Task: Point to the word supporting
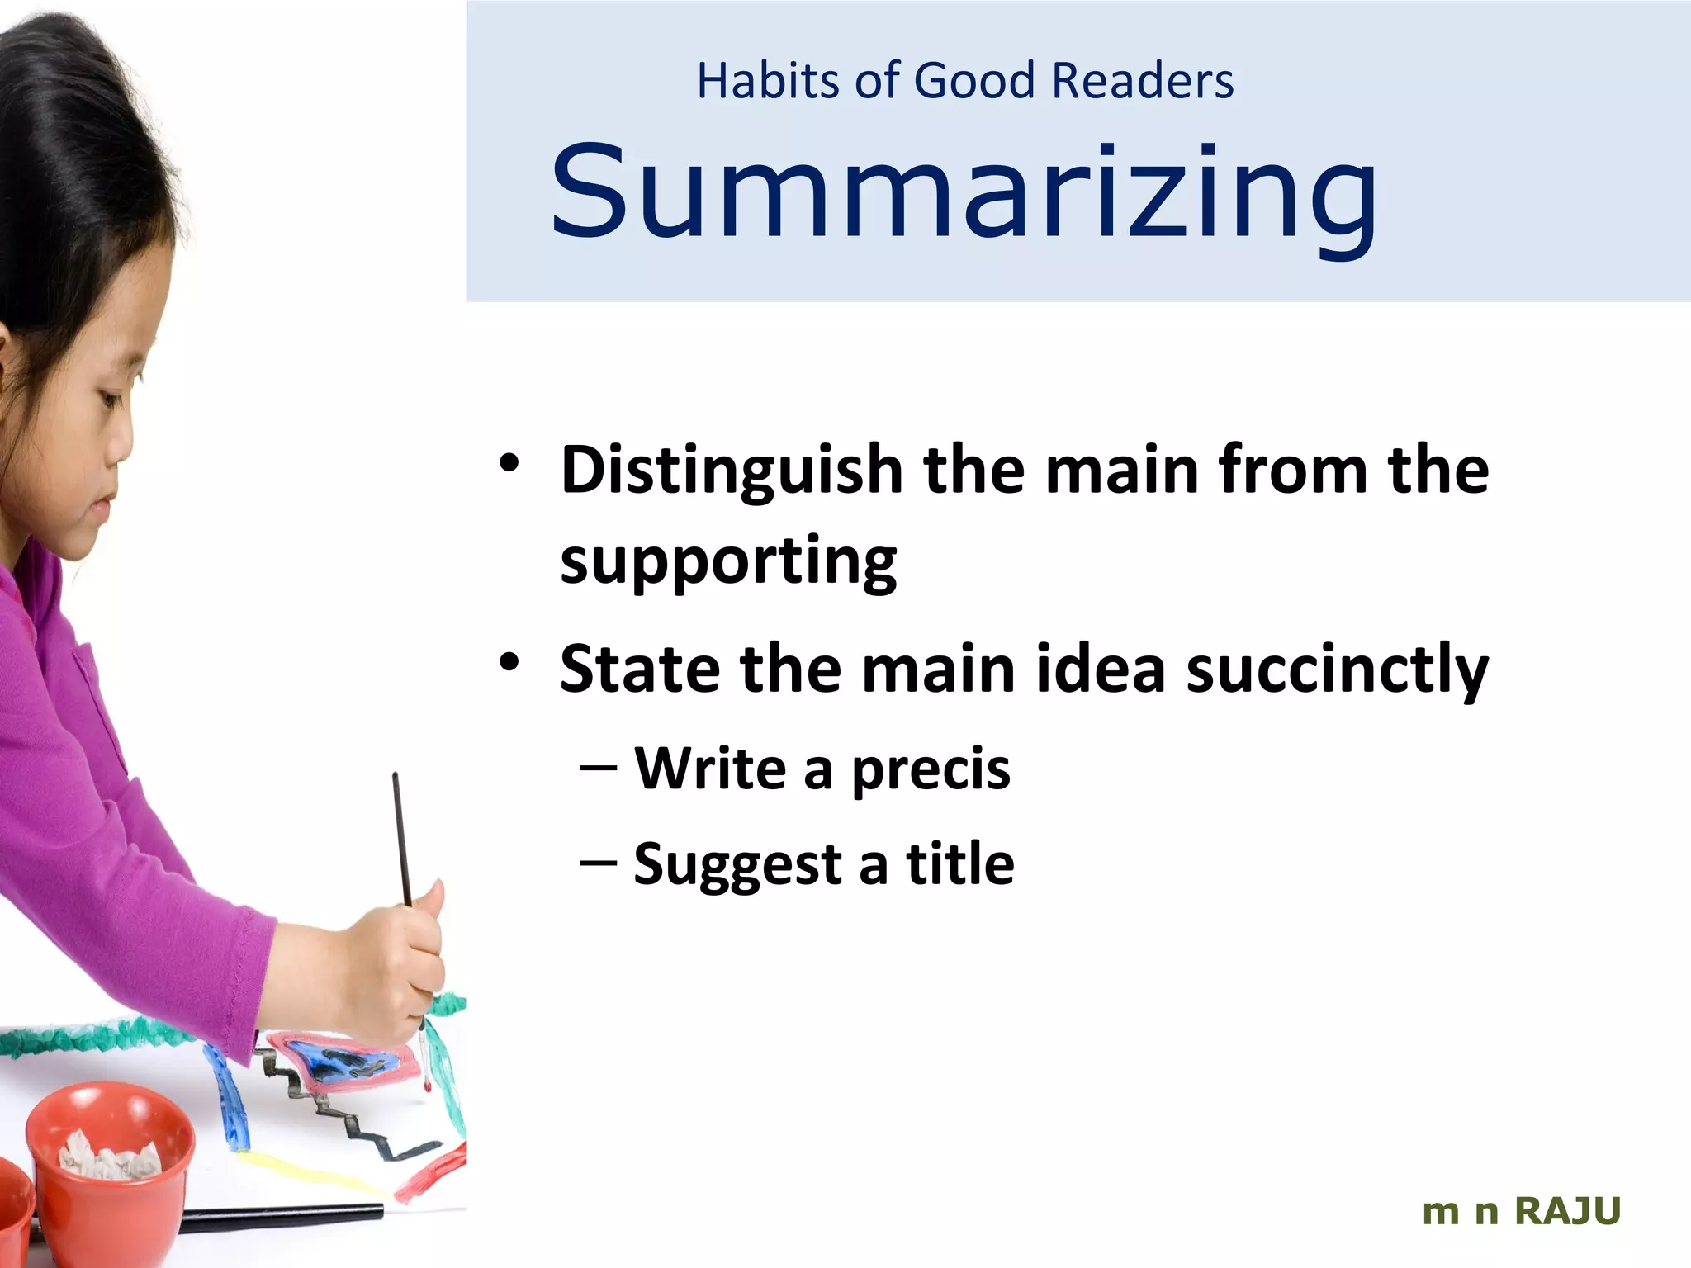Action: (728, 561)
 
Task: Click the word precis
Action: (931, 769)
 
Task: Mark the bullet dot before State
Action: (509, 661)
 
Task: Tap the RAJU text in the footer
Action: (1568, 1211)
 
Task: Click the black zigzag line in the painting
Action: (347, 1114)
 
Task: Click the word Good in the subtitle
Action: (974, 81)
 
